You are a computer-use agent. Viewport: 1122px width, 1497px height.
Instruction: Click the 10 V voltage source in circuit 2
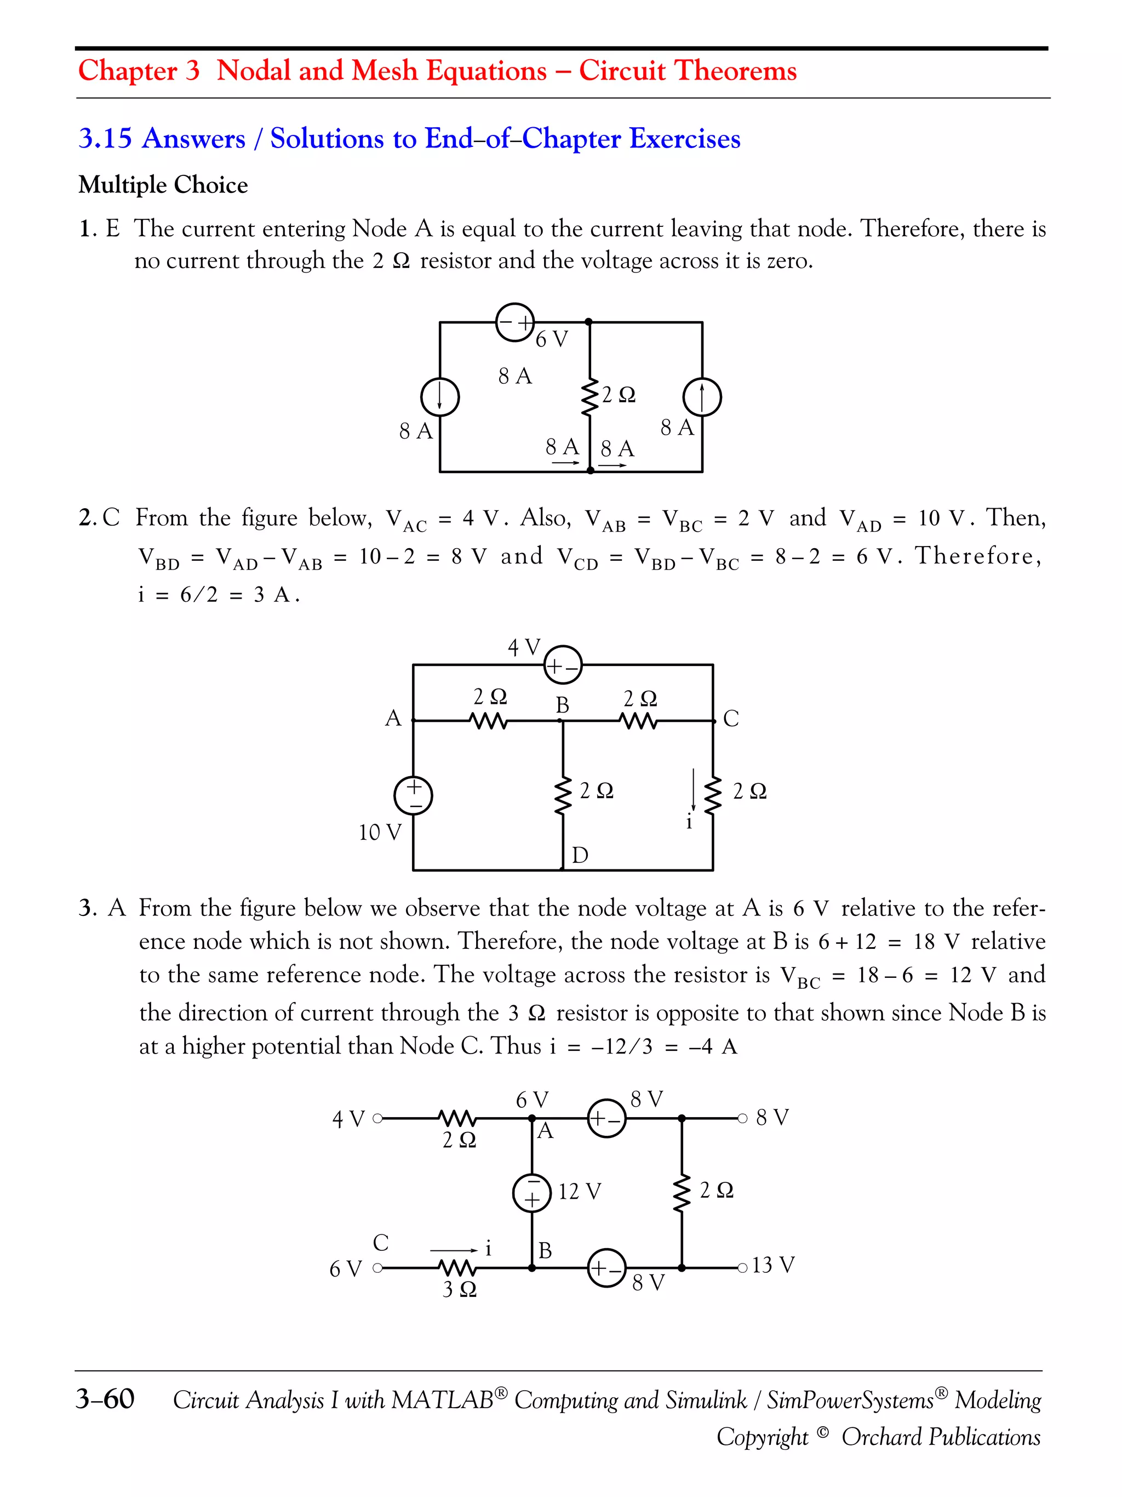click(x=413, y=795)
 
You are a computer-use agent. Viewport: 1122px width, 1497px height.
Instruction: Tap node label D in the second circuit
click(x=580, y=855)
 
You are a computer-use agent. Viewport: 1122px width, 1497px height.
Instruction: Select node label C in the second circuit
click(x=731, y=718)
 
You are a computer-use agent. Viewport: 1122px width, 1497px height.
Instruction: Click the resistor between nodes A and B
click(x=488, y=721)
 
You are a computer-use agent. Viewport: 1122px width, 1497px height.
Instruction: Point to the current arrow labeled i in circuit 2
click(x=693, y=790)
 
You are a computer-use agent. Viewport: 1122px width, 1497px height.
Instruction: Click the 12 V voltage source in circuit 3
click(x=533, y=1192)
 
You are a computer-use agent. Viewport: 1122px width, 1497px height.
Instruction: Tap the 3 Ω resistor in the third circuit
click(x=458, y=1267)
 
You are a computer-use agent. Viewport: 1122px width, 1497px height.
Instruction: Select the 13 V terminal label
click(x=773, y=1264)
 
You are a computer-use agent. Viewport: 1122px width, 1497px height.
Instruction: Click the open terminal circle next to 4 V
click(x=377, y=1118)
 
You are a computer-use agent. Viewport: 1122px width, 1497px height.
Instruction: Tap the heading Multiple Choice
click(x=163, y=185)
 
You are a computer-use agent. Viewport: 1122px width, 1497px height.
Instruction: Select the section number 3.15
click(x=105, y=139)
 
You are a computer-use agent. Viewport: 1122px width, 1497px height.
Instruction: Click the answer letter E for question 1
click(x=112, y=229)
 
